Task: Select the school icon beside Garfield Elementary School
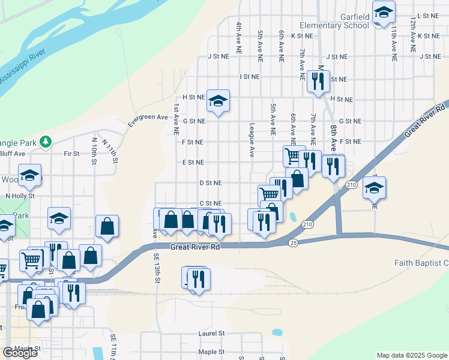[382, 13]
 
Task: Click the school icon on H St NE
[218, 100]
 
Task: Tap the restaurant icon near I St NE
[318, 80]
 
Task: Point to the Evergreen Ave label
[148, 121]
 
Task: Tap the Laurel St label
[211, 333]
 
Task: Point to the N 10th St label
[94, 148]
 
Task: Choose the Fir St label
[71, 154]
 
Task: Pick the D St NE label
[210, 182]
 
